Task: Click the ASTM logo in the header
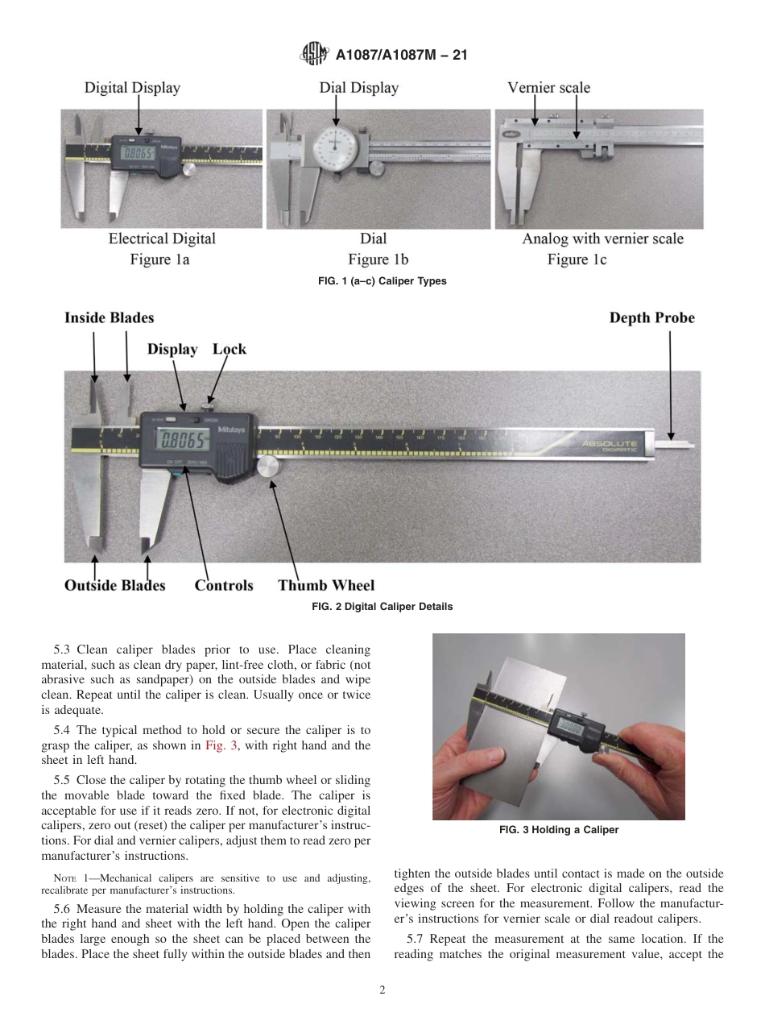click(312, 54)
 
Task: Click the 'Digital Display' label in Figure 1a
click(132, 88)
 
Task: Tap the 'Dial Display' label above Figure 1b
click(359, 88)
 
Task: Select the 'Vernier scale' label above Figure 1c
click(548, 88)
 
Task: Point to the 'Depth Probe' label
click(651, 317)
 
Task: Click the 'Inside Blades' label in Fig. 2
click(109, 317)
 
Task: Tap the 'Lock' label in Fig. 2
click(229, 349)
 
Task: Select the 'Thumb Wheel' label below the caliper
click(326, 585)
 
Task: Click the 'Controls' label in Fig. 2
click(224, 585)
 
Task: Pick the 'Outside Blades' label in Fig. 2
click(114, 585)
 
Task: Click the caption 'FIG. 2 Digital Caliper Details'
click(382, 607)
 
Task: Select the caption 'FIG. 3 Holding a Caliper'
click(558, 830)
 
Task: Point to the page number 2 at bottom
click(382, 990)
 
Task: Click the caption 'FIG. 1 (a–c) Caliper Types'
click(382, 281)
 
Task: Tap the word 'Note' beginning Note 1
click(65, 878)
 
